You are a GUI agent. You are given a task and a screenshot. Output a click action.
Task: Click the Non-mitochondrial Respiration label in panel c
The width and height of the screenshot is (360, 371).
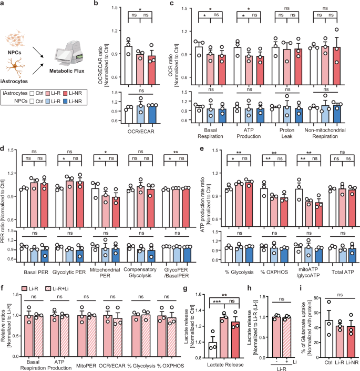(322, 131)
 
